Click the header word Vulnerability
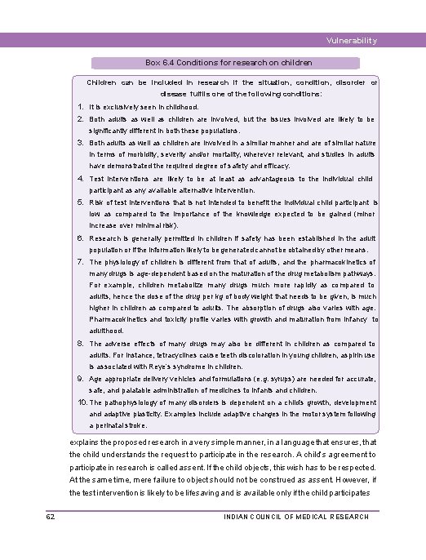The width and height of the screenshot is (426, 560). (351, 41)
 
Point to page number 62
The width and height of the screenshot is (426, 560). (51, 516)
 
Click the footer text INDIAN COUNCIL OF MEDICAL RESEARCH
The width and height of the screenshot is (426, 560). (295, 517)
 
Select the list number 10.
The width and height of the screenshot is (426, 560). (82, 402)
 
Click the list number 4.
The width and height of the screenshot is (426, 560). (82, 178)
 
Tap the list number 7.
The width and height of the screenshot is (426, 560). (82, 261)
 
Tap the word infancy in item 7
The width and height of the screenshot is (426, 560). (356, 320)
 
